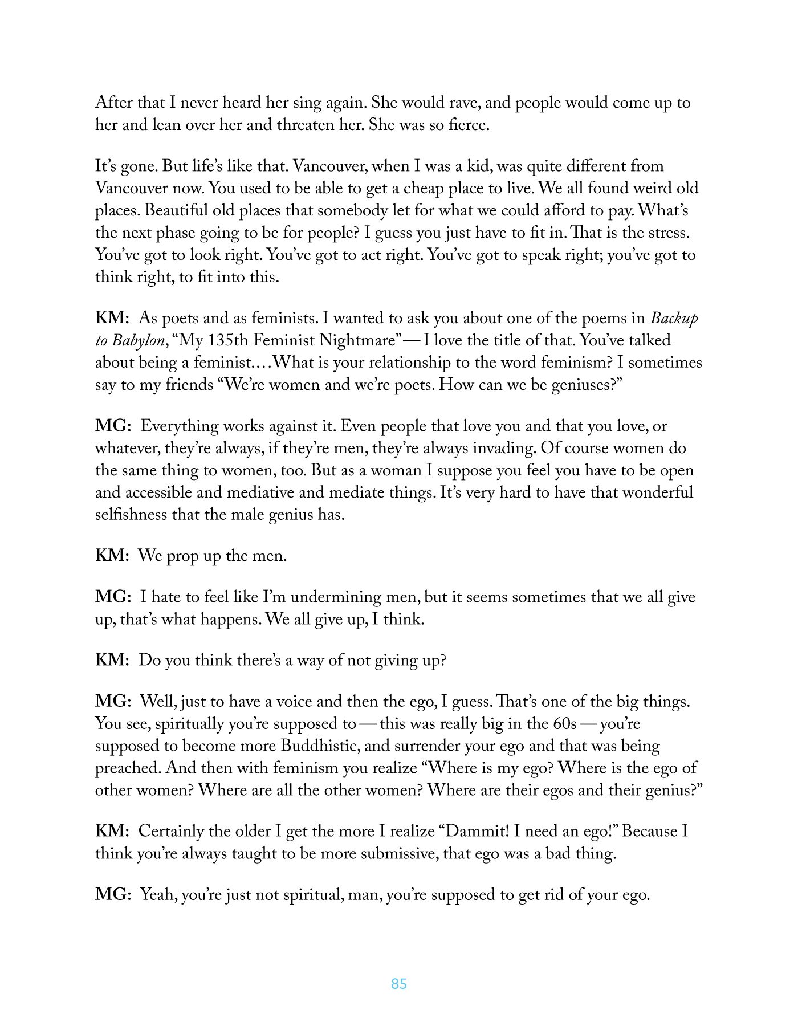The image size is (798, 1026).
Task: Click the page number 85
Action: coord(399,984)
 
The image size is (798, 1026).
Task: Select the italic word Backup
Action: coord(674,319)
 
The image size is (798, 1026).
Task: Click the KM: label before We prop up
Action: coord(112,556)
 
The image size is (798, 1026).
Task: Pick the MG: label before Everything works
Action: coord(113,426)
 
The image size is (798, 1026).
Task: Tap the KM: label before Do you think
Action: coord(112,660)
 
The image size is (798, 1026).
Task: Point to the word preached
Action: coord(128,768)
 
